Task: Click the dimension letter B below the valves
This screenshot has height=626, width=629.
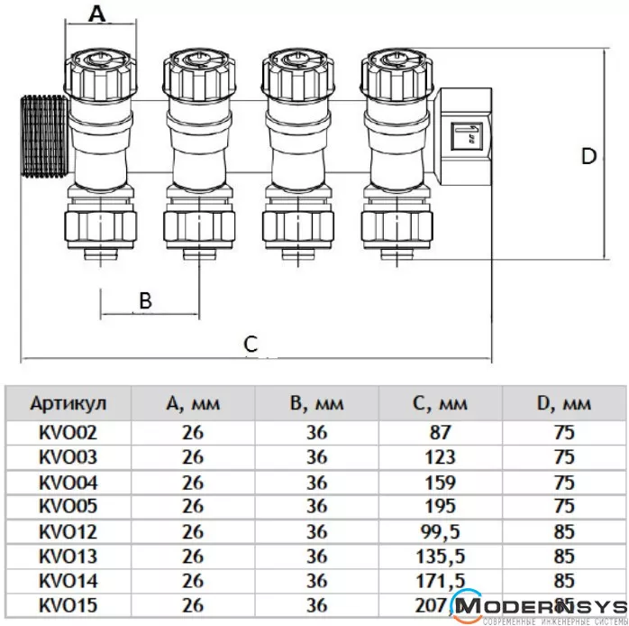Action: click(x=146, y=300)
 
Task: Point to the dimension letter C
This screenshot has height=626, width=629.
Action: click(x=251, y=344)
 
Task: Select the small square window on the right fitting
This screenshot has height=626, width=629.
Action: click(x=466, y=135)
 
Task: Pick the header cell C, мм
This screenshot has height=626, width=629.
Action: click(x=442, y=402)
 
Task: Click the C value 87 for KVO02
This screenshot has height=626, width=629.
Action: click(x=442, y=432)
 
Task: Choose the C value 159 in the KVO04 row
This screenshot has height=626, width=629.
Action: click(x=442, y=481)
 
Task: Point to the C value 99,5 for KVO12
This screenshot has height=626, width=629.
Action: click(x=442, y=529)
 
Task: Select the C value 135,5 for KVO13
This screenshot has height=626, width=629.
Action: click(x=442, y=554)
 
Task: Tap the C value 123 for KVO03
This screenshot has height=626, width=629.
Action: click(x=442, y=456)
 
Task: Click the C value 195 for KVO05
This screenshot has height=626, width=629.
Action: click(x=442, y=505)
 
